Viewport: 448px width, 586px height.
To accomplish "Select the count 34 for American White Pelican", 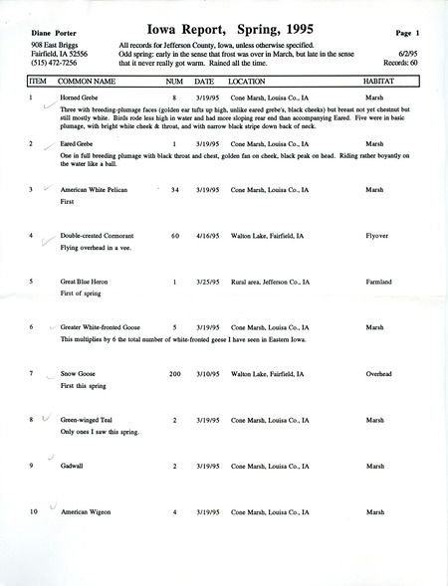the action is tap(174, 189).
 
